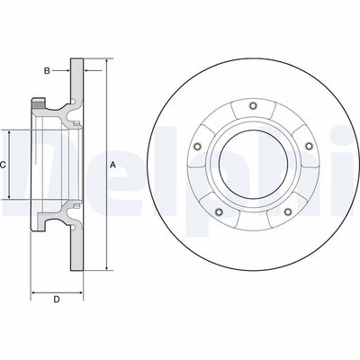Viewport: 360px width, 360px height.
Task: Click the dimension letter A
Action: [112, 165]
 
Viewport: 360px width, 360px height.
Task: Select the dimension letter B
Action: [47, 69]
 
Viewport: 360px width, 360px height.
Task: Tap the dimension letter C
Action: [4, 165]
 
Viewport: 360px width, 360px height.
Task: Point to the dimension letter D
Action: [56, 299]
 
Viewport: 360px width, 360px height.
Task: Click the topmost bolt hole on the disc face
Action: [252, 109]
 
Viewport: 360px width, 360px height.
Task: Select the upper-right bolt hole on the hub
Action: [309, 146]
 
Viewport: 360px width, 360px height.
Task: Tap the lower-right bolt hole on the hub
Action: [287, 212]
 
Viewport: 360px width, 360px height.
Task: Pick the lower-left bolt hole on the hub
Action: [218, 212]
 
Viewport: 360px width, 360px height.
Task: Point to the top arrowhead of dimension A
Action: [107, 63]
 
